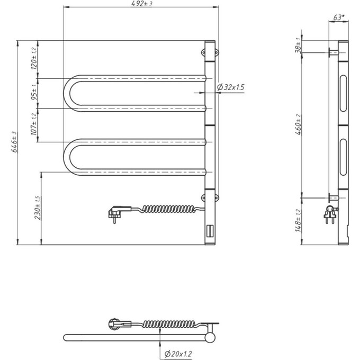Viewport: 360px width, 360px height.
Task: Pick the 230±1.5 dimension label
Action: pos(37,208)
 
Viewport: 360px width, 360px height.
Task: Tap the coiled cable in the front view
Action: pos(164,209)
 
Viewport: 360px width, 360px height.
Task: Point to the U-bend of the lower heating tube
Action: pos(69,156)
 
